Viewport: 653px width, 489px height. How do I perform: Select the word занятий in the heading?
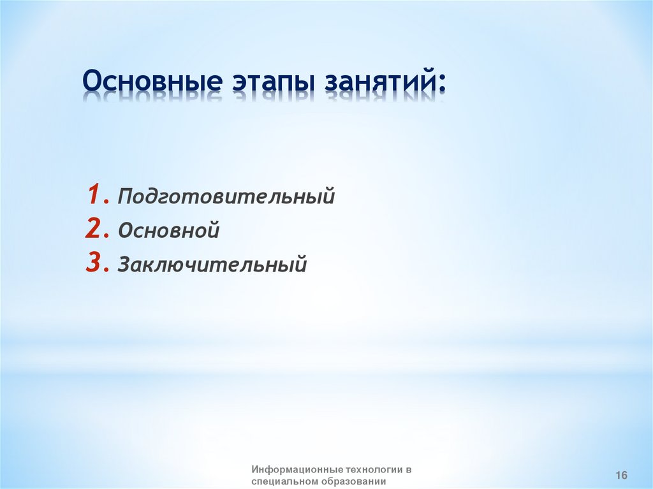378,81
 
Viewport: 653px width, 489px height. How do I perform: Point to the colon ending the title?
441,82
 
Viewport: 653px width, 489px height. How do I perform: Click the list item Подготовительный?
226,196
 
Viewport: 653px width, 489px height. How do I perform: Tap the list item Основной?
168,230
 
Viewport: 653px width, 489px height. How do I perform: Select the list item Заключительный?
212,264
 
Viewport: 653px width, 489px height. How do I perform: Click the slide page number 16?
621,475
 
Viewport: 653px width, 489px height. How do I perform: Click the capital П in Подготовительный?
126,195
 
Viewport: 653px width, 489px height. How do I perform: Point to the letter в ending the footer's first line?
408,471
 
